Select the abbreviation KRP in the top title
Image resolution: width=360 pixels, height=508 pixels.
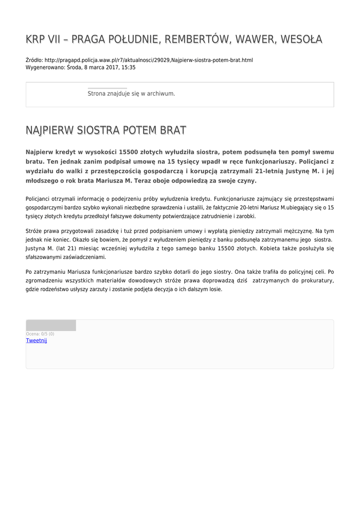[36, 39]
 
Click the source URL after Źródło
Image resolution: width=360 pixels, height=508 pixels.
[148, 60]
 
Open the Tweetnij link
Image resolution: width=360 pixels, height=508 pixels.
[36, 340]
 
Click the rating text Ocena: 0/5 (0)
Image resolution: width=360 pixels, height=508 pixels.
[40, 334]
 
